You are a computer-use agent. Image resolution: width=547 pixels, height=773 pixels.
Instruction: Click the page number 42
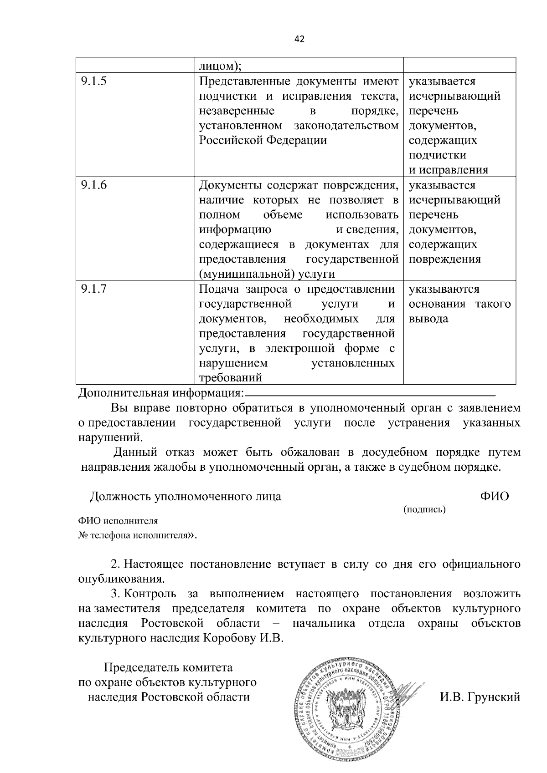(299, 39)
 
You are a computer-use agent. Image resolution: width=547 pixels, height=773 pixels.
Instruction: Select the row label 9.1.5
(93, 81)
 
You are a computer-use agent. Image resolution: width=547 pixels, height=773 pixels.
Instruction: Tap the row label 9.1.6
(93, 185)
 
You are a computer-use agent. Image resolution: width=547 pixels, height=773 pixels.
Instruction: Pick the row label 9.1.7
(93, 289)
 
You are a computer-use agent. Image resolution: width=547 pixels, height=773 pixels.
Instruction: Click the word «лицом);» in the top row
(220, 66)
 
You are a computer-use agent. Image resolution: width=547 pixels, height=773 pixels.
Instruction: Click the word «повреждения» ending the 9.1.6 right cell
(444, 259)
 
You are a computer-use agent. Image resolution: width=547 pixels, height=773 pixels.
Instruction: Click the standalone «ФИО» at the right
(495, 496)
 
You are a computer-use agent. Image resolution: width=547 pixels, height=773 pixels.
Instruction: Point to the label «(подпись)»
(424, 509)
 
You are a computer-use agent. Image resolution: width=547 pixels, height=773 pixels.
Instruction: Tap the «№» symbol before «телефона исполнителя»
(83, 535)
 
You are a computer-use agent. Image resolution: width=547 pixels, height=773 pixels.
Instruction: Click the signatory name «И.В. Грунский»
(480, 697)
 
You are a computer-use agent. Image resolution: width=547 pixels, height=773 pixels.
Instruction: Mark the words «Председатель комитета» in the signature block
(168, 668)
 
